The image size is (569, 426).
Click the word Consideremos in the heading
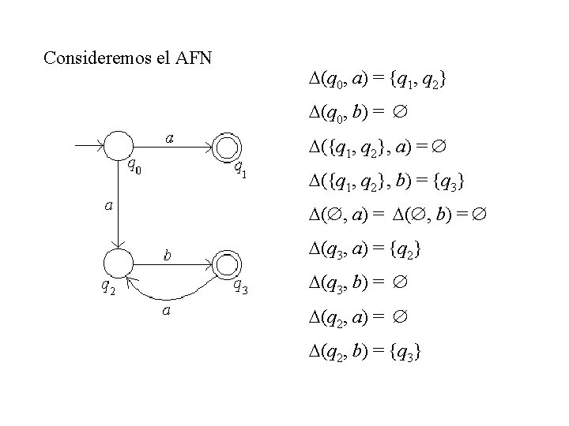tap(94, 58)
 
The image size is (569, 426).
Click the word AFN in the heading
tap(201, 58)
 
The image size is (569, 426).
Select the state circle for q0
tap(118, 146)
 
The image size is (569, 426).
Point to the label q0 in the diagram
tap(136, 167)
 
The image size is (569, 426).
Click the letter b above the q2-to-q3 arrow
tap(168, 255)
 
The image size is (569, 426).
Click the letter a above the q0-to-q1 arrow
tap(169, 138)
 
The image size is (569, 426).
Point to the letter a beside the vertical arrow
tap(109, 205)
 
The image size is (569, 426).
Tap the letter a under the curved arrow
tap(168, 311)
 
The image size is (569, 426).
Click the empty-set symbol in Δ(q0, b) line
tap(401, 114)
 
